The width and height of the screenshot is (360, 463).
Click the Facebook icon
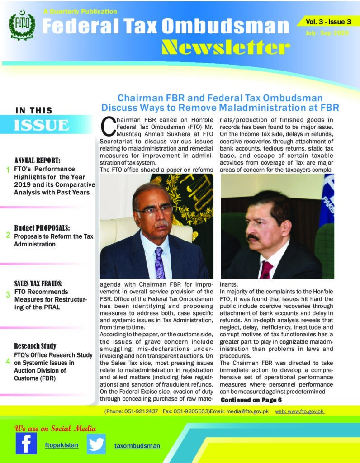click(26, 443)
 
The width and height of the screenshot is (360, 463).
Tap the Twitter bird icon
click(96, 444)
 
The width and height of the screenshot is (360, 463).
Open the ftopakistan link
click(62, 445)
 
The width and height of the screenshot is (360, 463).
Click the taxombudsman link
click(137, 446)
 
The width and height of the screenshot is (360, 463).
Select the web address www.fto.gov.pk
click(300, 411)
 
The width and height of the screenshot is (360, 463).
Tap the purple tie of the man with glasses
click(159, 263)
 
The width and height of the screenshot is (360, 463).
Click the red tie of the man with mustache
click(266, 270)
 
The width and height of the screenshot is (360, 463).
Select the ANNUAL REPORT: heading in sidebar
click(38, 161)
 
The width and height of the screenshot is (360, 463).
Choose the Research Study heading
click(35, 346)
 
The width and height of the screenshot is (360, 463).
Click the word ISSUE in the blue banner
click(41, 125)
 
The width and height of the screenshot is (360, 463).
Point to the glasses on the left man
click(153, 209)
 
